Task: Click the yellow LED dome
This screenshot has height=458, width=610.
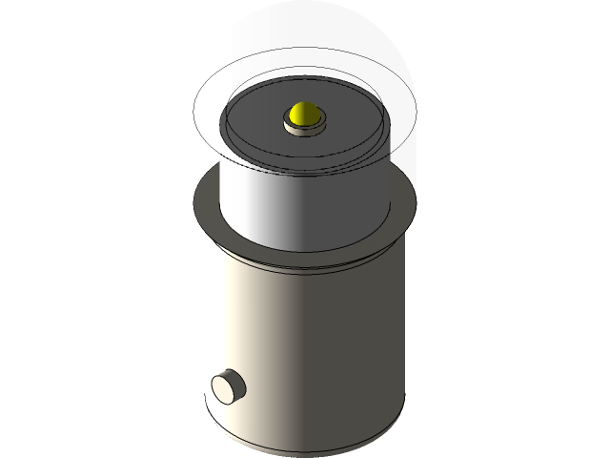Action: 304,114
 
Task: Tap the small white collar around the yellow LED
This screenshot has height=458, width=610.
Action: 304,128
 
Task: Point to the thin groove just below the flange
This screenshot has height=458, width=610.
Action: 305,269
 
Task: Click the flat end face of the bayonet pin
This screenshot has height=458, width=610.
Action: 226,386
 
